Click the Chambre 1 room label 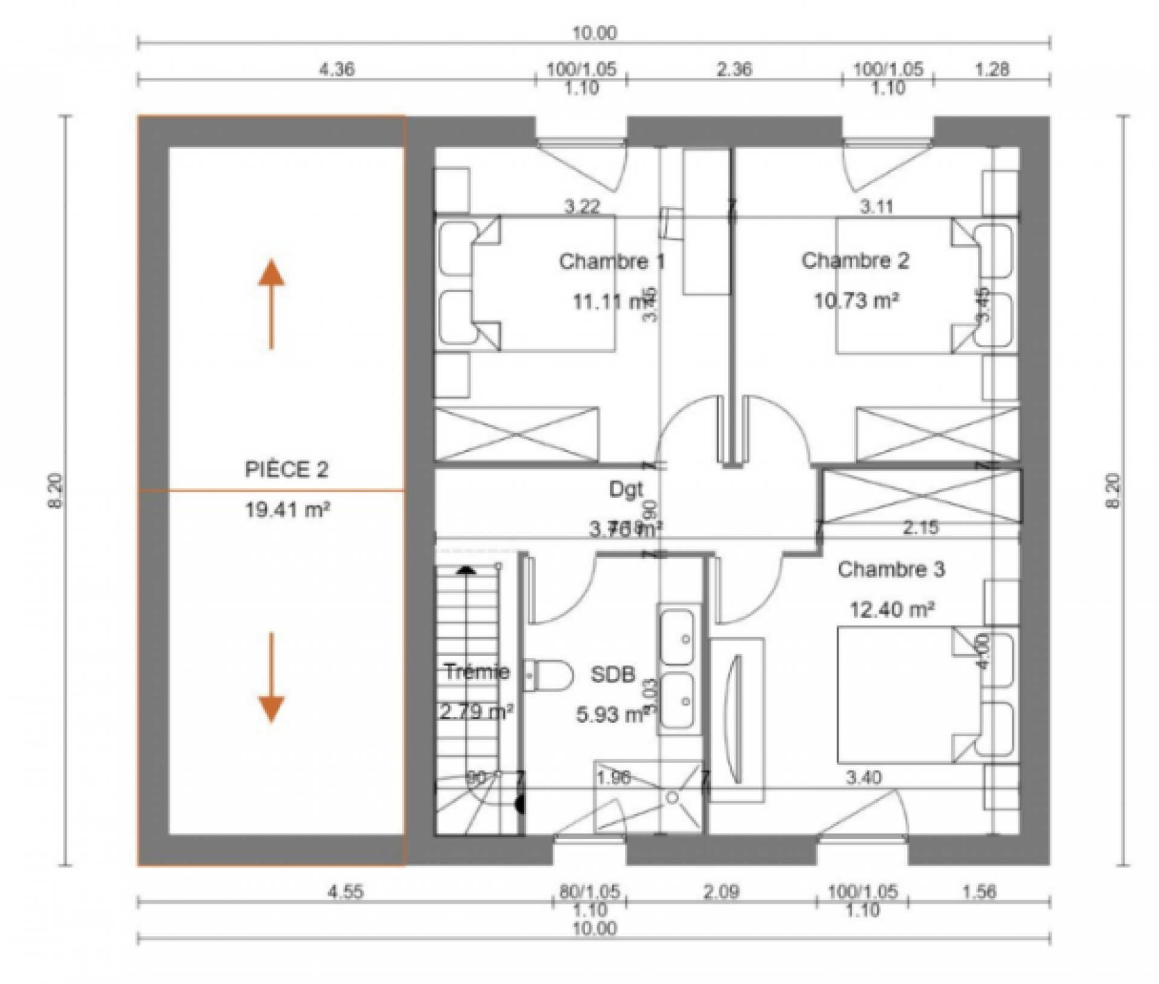pyautogui.click(x=611, y=262)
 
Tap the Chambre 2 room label pyautogui.click(x=855, y=261)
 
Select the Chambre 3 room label pyautogui.click(x=891, y=570)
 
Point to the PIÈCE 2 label pyautogui.click(x=286, y=469)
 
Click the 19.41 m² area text pyautogui.click(x=287, y=510)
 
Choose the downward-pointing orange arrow pyautogui.click(x=271, y=677)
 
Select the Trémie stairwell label pyautogui.click(x=477, y=671)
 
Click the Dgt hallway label pyautogui.click(x=626, y=489)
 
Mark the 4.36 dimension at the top pyautogui.click(x=336, y=69)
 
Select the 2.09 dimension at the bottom pyautogui.click(x=721, y=892)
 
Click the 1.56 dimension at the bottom pyautogui.click(x=979, y=892)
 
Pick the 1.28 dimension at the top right pyautogui.click(x=992, y=69)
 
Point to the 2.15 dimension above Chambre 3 pyautogui.click(x=920, y=528)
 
